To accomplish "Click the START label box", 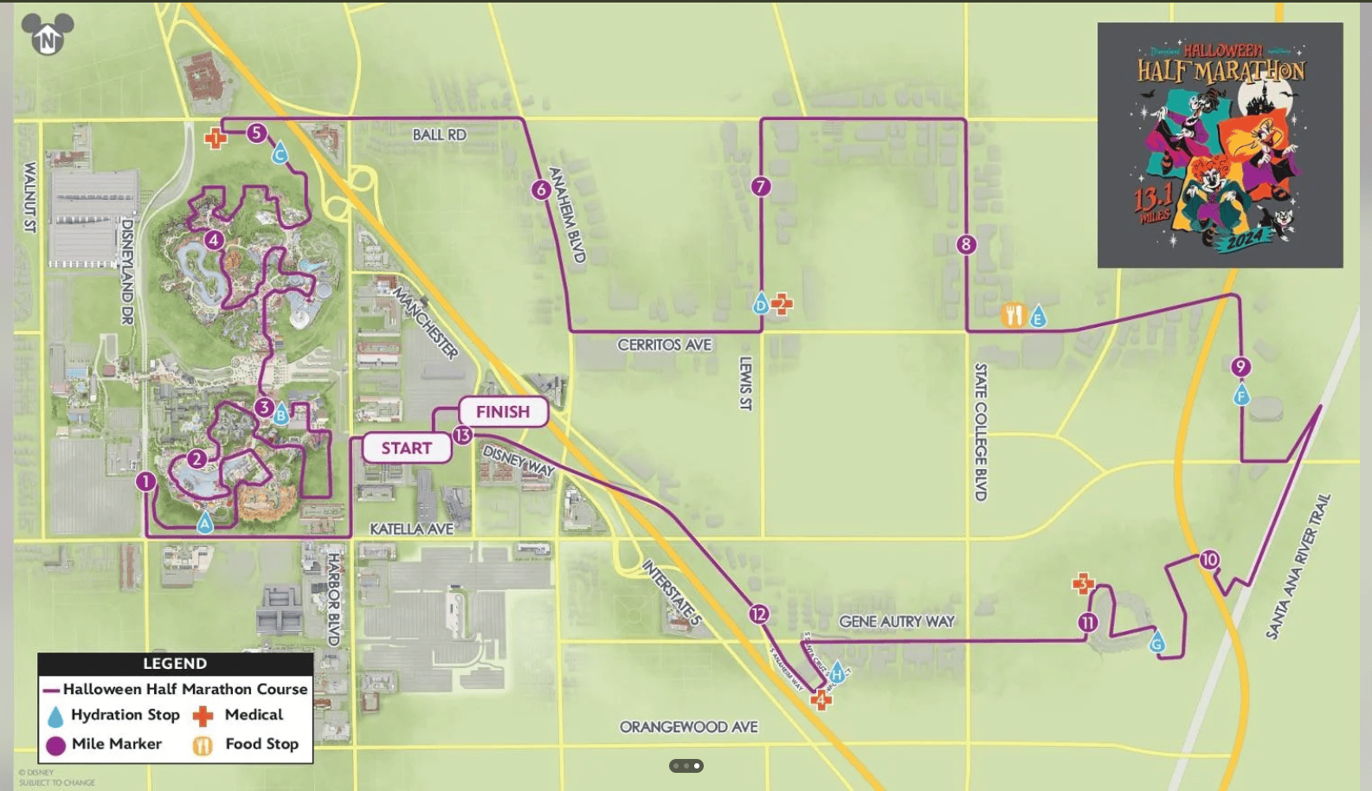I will coord(406,448).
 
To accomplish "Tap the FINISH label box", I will coord(503,412).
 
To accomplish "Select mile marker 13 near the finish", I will coord(463,435).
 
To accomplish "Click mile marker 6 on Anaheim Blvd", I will coord(541,190).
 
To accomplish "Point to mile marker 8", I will coord(966,245).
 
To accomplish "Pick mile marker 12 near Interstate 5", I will coord(758,614).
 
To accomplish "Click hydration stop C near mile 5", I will coord(280,155).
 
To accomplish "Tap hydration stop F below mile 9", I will coord(1241,396).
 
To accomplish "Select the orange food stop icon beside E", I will coord(1013,316).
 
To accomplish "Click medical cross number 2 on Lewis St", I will coord(782,304).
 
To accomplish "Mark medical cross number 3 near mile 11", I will coord(1083,585).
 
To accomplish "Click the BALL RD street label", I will coord(439,135).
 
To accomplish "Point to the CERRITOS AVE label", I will coord(664,344).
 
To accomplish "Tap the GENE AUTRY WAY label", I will coord(896,621).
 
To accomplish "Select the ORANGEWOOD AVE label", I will coord(688,727).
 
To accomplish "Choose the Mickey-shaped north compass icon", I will coord(48,35).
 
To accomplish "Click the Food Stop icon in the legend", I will coord(203,745).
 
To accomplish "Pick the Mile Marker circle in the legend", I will coord(56,745).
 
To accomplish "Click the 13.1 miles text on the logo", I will coord(1153,203).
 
